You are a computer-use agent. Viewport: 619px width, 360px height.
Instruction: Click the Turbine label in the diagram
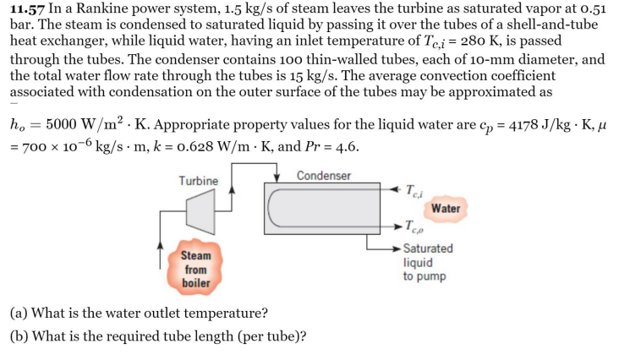click(x=198, y=181)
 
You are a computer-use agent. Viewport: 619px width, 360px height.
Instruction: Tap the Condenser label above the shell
click(x=324, y=176)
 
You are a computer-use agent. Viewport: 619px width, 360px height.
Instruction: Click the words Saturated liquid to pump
click(x=427, y=262)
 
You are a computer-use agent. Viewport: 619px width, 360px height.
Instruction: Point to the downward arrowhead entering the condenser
click(x=280, y=178)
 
